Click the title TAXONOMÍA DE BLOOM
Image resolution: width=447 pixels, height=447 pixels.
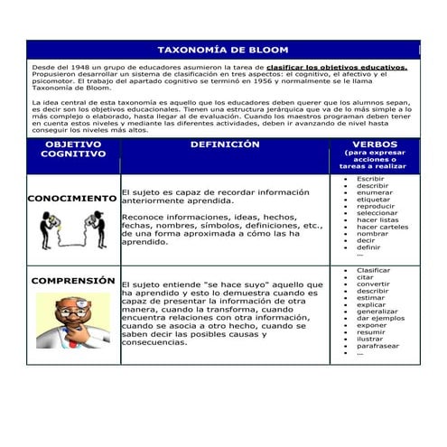tap(223, 51)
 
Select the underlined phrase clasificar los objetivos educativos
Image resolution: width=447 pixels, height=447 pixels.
tap(337, 67)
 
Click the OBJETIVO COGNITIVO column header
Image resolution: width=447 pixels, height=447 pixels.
tap(73, 149)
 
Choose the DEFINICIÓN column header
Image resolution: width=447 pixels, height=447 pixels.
tap(225, 144)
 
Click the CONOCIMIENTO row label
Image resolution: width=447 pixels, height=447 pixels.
tap(72, 198)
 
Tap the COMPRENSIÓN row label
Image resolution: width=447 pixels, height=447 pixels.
tap(73, 281)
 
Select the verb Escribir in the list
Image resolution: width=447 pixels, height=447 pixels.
tap(370, 179)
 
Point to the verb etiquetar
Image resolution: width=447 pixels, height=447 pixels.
tap(373, 199)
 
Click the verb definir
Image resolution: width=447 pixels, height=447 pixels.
tap(368, 247)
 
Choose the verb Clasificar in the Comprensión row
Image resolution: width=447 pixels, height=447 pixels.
tap(373, 270)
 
